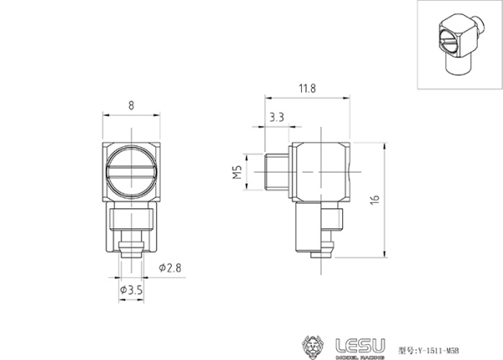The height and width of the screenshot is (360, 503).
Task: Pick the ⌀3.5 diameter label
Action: (130, 289)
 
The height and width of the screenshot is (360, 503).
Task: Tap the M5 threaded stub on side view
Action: (276, 172)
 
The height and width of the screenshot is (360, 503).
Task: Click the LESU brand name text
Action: (360, 343)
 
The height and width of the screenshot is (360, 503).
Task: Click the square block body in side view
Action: (322, 174)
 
